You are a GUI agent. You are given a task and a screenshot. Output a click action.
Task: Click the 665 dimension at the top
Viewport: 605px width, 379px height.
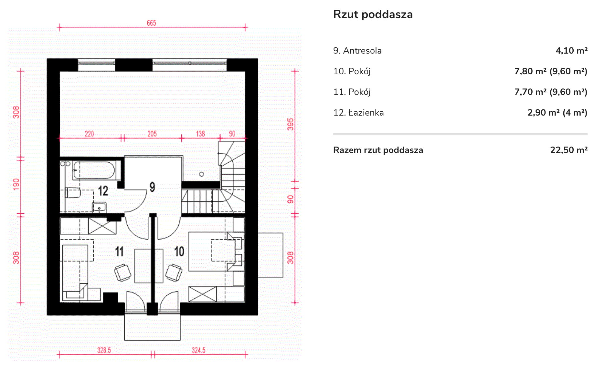coord(151,23)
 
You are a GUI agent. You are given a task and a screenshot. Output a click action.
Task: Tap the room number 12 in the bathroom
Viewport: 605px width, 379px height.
coord(103,191)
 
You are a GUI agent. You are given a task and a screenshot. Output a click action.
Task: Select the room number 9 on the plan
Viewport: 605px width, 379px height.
coord(152,187)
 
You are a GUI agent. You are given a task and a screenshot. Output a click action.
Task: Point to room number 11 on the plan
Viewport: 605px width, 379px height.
coord(119,251)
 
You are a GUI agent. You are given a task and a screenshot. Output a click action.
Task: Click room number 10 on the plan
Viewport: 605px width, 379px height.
coord(179,251)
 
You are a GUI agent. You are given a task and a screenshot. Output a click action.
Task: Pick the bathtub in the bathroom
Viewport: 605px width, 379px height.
coord(94,170)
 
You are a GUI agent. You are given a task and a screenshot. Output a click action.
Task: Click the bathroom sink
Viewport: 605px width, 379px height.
coord(99,207)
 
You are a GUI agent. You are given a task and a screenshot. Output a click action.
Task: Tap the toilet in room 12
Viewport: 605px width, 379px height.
coord(73,192)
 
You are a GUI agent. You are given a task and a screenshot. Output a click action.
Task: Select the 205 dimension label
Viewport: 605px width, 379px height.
coord(152,134)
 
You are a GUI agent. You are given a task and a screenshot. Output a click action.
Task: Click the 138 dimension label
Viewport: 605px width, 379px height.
coord(200,134)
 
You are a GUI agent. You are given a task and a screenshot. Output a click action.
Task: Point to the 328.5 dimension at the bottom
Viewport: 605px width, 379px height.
coord(104,350)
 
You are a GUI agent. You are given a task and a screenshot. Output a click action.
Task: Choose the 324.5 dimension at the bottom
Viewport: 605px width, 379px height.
coord(198,350)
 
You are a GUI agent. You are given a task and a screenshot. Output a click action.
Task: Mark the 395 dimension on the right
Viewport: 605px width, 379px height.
coord(291,124)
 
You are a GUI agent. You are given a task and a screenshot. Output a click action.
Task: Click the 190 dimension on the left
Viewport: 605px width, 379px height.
coord(16,184)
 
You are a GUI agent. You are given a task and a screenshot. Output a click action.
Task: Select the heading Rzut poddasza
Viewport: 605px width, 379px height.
coord(373,15)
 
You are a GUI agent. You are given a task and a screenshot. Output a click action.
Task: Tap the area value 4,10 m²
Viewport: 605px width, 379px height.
coord(571,51)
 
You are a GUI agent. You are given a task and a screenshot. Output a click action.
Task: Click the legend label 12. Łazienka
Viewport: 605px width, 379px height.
coord(358,113)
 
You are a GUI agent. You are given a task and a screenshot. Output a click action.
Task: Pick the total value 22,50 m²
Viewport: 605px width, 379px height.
coord(569,150)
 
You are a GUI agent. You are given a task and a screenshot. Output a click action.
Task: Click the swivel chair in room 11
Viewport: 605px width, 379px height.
coord(122,273)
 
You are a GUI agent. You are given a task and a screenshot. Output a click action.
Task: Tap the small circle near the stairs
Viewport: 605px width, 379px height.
coord(202,174)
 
